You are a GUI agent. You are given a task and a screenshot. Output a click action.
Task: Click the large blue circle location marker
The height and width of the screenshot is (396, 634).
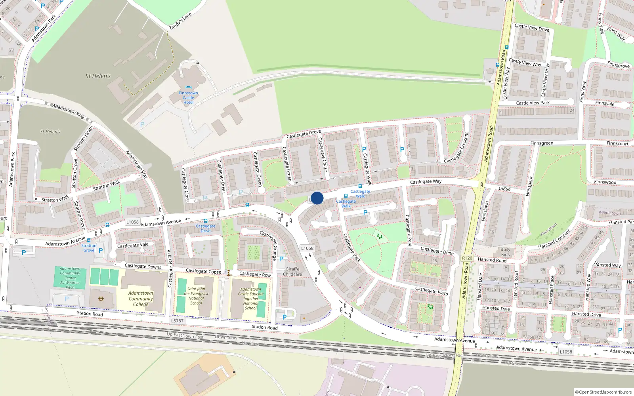pos(317,198)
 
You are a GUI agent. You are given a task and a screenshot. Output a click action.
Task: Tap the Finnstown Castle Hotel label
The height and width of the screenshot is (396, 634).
pos(188,98)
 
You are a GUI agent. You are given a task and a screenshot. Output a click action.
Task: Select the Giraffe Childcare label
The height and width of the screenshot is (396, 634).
pos(292,272)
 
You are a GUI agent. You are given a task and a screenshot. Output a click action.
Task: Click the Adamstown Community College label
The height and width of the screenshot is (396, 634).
pos(141,299)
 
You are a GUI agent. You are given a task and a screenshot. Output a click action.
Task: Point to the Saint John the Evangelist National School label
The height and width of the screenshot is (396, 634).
pos(196,296)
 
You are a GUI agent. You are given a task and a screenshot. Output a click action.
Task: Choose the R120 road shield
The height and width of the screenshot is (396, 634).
pos(467,258)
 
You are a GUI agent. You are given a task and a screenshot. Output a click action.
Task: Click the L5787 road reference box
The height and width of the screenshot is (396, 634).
pos(177,321)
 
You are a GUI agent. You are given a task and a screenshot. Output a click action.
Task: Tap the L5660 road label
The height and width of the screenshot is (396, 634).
pos(504,189)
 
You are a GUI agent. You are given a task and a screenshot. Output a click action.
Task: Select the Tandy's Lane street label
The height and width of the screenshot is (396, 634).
pos(180,21)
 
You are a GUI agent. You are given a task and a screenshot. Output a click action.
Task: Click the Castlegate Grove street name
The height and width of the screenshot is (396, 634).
pos(304,134)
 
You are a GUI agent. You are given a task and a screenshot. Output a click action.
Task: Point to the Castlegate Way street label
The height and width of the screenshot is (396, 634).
pos(426,182)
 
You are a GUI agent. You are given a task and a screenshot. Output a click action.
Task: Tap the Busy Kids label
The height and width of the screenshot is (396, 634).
pos(505,252)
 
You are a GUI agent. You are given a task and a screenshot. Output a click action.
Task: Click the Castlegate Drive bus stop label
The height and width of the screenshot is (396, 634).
pos(206,228)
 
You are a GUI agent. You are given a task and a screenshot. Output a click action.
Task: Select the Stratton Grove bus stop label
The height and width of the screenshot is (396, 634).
pos(89,248)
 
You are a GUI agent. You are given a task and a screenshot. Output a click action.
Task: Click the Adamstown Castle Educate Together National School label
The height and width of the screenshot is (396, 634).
pos(251,299)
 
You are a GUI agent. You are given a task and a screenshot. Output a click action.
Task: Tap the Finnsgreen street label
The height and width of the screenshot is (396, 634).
pos(542,143)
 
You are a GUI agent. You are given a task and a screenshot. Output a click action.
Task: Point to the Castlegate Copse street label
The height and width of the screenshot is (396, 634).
pos(204,271)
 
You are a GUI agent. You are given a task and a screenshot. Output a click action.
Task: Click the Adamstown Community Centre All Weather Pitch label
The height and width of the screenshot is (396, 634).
pos(70,278)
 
